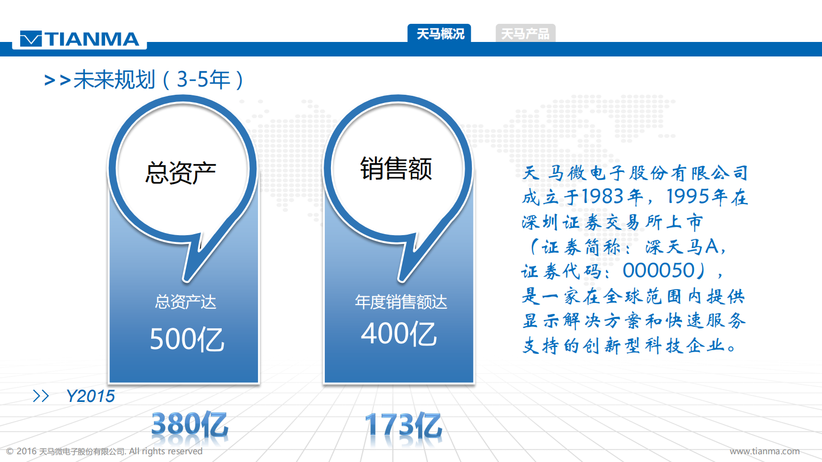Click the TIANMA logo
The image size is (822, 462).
coord(80,39)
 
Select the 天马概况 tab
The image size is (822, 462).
coord(440,34)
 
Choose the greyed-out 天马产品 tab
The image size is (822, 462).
coord(525,34)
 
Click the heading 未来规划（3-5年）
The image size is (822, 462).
coord(158,80)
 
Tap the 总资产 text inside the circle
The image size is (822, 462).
coord(180,172)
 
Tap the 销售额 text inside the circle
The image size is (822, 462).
coord(396,169)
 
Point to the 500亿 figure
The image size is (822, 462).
coord(187,340)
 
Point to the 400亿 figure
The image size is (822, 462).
coord(399,334)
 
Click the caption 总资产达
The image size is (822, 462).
coord(185,301)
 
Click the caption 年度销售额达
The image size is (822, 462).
coord(400,301)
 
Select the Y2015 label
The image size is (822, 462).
coord(91,396)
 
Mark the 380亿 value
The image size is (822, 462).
coord(190,425)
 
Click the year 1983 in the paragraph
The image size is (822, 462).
coord(602,196)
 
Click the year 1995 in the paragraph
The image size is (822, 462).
coord(688,196)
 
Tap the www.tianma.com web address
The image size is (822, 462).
coord(765,451)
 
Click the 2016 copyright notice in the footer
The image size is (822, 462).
coord(104,451)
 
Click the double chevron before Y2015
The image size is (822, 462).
coord(41,396)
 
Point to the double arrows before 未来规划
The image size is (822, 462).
coord(57,80)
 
